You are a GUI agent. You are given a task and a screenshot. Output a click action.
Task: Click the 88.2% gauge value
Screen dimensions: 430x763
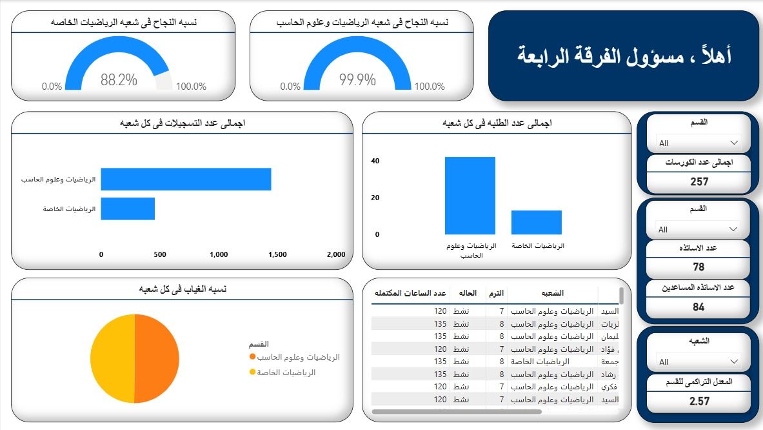[119, 80]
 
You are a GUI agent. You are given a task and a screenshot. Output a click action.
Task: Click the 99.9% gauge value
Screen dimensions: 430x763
[357, 80]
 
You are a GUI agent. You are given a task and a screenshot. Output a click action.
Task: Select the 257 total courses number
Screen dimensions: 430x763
[699, 181]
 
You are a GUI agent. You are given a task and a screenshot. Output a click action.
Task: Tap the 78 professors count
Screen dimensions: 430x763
[699, 267]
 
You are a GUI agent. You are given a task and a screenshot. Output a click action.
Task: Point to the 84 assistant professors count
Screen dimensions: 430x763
[699, 307]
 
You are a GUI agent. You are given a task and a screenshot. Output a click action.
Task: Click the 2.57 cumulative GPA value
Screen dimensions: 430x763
[699, 401]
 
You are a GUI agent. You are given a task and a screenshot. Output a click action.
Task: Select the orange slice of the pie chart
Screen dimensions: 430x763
[157, 358]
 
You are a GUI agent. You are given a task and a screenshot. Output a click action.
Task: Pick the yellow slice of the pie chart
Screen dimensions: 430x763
[112, 358]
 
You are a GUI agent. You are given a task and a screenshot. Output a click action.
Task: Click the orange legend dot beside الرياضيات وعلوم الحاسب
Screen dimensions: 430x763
[252, 357]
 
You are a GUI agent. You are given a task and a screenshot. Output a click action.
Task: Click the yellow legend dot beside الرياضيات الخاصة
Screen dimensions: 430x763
[252, 373]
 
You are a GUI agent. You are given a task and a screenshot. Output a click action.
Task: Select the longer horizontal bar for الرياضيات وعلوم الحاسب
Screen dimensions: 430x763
[186, 179]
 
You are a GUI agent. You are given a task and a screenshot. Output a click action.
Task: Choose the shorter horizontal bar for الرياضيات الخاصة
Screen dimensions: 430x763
[128, 209]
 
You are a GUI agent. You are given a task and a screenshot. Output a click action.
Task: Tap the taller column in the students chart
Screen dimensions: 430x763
[470, 196]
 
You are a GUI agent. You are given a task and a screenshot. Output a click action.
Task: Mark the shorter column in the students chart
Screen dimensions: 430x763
[537, 222]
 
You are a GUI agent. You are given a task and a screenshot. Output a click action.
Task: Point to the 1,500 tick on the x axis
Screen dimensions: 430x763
[277, 254]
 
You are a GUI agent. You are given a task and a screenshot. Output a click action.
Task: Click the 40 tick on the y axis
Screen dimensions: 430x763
[375, 161]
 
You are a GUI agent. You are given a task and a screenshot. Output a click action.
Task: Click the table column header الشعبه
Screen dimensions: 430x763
[553, 293]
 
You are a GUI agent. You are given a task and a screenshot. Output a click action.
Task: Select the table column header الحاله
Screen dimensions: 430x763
[467, 293]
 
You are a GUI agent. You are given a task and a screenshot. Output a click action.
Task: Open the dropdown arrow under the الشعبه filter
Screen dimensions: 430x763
[733, 362]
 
